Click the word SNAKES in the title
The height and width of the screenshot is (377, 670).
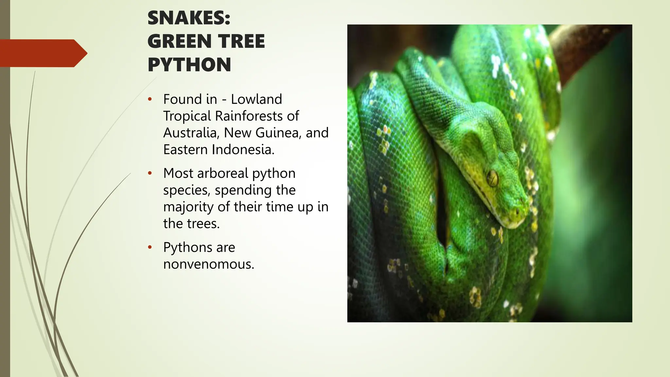click(186, 18)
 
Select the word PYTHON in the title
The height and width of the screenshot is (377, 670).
click(189, 65)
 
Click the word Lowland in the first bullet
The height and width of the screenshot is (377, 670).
click(256, 99)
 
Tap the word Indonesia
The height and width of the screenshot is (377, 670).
click(243, 150)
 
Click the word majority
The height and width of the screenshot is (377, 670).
click(188, 207)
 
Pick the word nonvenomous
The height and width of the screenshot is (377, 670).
click(208, 264)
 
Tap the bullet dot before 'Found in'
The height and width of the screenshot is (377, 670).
click(150, 99)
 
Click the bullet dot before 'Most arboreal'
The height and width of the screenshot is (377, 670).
click(150, 173)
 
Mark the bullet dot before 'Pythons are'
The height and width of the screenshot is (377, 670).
click(150, 247)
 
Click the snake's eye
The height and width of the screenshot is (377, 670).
click(492, 178)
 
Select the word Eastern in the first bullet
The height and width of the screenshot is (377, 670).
click(185, 150)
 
